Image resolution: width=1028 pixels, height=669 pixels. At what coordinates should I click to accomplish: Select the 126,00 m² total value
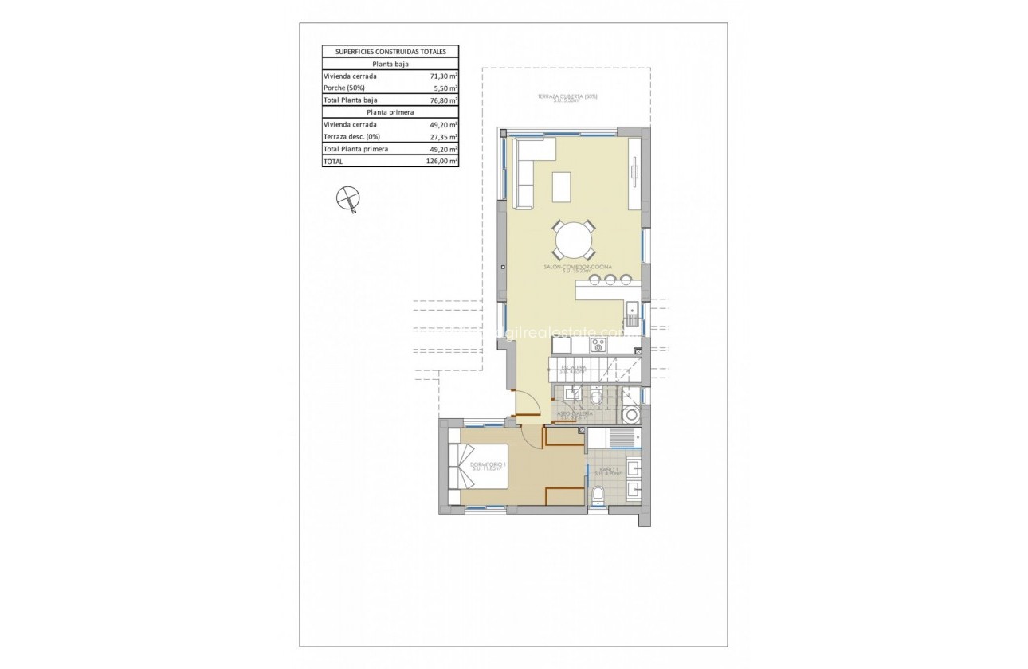[x=441, y=161]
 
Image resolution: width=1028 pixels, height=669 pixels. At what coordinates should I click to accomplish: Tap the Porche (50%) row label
[x=345, y=88]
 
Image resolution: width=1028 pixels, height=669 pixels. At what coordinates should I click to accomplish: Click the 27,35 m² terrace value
[x=441, y=136]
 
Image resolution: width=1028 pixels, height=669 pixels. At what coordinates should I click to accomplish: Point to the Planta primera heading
[x=390, y=112]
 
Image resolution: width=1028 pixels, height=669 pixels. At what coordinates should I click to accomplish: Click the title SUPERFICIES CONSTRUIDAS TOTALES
[x=390, y=52]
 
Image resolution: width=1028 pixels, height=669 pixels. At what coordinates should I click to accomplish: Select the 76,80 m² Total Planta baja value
[x=441, y=100]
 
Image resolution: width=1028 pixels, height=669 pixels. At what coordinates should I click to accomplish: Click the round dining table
[x=574, y=238]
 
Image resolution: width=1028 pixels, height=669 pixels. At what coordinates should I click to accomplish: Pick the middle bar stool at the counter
[x=610, y=279]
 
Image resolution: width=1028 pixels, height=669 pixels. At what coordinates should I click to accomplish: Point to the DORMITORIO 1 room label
[x=488, y=464]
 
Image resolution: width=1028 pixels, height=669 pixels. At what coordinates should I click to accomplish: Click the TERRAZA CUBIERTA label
[x=567, y=97]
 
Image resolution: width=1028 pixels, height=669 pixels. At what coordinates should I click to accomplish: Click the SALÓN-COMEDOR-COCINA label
[x=574, y=267]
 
